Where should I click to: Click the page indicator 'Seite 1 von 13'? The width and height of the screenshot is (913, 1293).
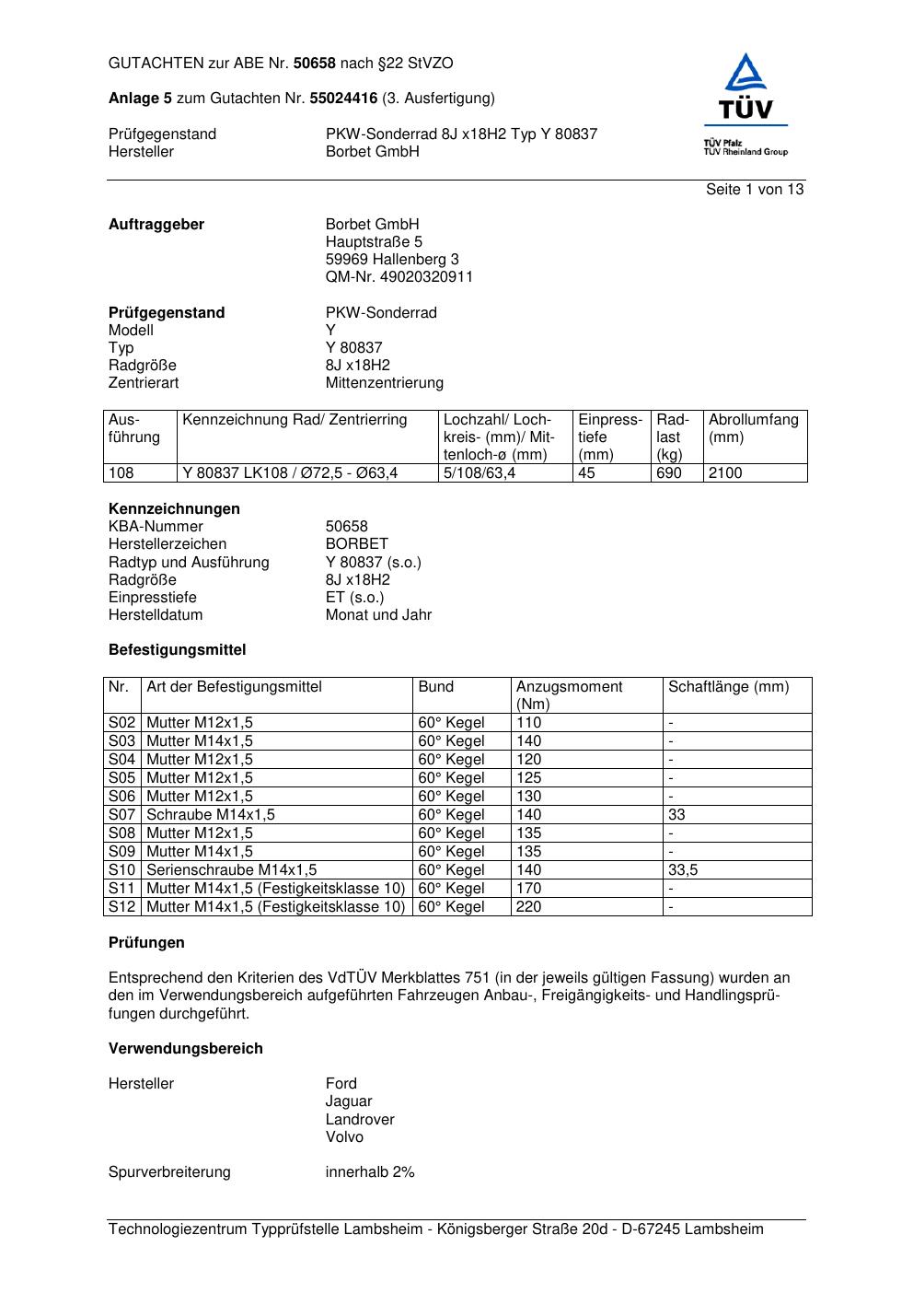click(755, 190)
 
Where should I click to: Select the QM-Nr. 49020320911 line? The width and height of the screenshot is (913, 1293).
click(399, 277)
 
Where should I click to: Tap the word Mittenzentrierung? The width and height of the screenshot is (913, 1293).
click(384, 383)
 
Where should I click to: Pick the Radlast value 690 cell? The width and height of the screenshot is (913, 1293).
click(669, 473)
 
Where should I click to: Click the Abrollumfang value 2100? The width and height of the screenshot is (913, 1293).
click(725, 473)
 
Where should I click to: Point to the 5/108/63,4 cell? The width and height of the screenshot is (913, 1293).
click(480, 473)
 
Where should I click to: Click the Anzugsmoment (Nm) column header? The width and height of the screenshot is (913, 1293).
click(569, 695)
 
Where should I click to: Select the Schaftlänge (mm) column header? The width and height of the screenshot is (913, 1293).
click(728, 687)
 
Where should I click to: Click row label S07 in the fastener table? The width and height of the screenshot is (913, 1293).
click(122, 815)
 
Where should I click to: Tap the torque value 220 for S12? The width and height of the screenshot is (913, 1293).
click(529, 907)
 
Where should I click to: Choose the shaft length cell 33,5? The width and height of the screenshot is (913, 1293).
click(683, 870)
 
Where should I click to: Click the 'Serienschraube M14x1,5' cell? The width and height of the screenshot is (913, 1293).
click(232, 870)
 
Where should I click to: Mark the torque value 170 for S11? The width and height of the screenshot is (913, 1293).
click(529, 889)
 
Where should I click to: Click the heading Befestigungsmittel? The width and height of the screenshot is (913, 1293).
click(177, 650)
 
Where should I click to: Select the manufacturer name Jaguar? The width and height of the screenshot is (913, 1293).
click(349, 1101)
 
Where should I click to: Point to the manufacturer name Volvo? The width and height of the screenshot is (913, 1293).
click(344, 1137)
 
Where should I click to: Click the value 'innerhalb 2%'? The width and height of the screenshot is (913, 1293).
click(370, 1172)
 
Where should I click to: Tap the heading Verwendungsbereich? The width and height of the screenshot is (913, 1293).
click(185, 1049)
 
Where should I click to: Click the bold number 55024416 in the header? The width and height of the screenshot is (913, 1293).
click(343, 99)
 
